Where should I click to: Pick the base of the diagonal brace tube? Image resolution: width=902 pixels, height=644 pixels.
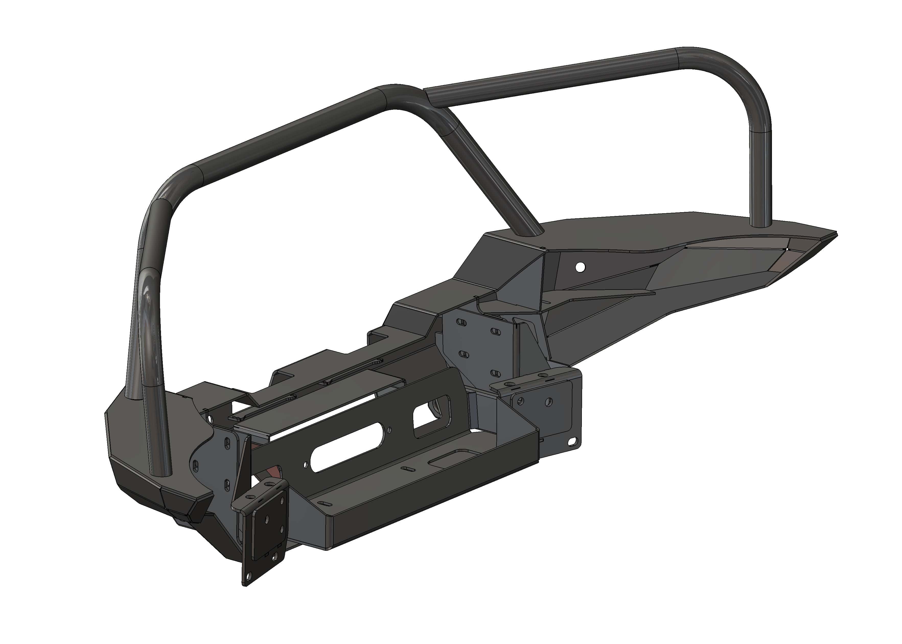tap(532, 232)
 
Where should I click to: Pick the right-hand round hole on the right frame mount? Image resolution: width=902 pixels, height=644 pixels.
tap(549, 401)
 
